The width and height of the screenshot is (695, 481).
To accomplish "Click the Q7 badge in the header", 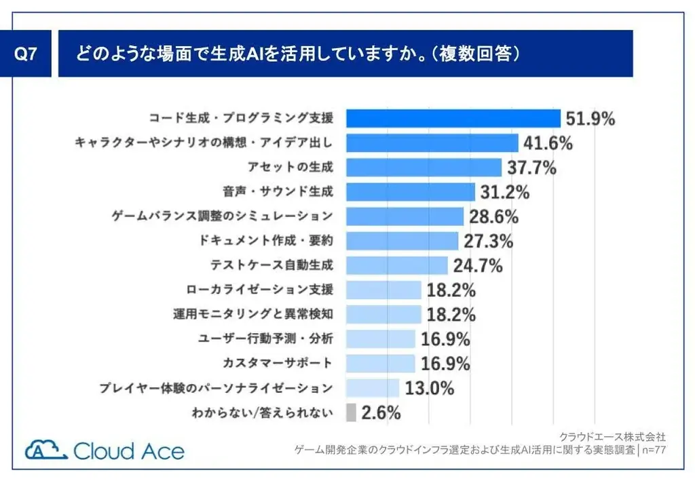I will pos(26,54).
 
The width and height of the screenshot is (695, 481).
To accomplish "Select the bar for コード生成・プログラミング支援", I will pos(453,118).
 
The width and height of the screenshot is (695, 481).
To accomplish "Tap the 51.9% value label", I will pos(590,119).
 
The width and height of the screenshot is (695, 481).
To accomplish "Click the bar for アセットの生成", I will pos(424,168).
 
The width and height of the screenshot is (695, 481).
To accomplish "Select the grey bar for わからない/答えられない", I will pos(351,412).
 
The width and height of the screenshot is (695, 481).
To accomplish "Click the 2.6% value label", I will pos(381,412).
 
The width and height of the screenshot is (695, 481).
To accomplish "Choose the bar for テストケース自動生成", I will pos(397,265).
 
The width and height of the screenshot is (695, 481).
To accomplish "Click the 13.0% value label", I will pos(429,388).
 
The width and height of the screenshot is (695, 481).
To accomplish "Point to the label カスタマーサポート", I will pos(278,363).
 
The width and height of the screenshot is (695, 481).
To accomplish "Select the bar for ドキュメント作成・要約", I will pos(402,241).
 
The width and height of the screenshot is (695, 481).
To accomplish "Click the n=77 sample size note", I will pos(654,449).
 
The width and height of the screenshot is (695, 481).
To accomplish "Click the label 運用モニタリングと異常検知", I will pos(253,314).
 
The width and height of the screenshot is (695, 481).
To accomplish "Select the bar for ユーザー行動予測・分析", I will pos(381,339).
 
